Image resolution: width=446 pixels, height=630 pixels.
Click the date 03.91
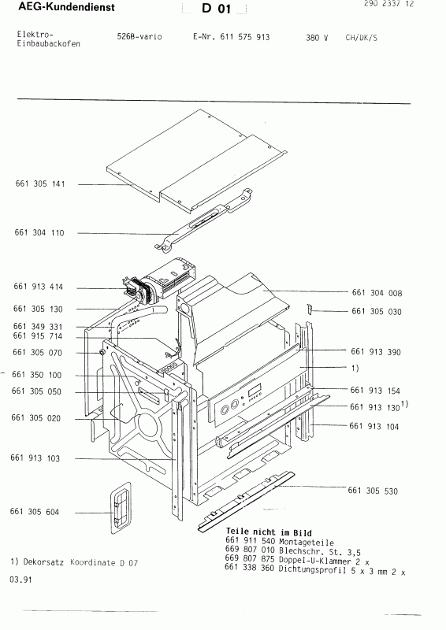(22, 580)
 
